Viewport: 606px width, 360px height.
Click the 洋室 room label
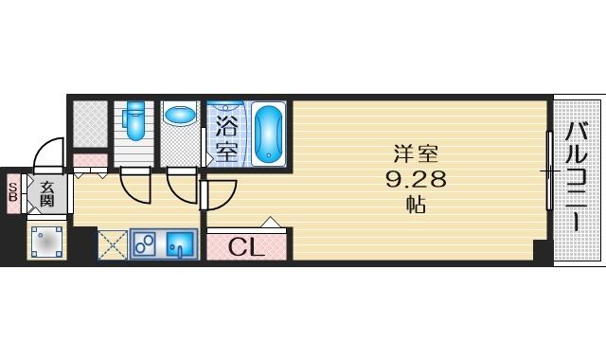coord(416,153)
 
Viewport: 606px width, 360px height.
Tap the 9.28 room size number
coord(416,179)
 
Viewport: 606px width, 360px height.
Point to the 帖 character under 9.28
coord(416,205)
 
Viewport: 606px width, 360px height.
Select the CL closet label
coord(246,247)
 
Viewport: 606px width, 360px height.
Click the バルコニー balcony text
coord(577,176)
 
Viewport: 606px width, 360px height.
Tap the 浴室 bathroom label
coord(227,138)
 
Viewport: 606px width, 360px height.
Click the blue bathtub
coord(267,134)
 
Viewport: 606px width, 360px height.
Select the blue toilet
coord(134,120)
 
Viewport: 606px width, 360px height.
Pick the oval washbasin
coord(180,115)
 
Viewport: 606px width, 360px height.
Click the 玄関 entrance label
coord(46,194)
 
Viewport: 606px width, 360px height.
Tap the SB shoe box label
coord(12,192)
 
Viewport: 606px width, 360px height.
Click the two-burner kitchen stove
coord(144,244)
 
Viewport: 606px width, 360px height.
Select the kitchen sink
coord(180,244)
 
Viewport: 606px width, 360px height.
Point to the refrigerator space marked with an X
coord(112,245)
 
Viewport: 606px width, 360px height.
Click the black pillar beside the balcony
coord(541,251)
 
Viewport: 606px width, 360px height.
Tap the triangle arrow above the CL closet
coord(271,222)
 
